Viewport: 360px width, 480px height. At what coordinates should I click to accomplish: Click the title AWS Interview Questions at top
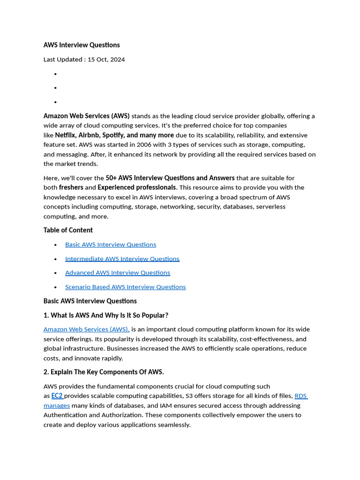[x=82, y=45]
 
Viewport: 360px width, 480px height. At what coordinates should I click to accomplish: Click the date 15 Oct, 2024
[x=106, y=60]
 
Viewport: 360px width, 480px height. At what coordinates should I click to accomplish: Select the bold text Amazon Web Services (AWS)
[x=86, y=116]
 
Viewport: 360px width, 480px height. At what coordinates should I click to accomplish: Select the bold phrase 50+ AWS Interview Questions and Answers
[x=170, y=178]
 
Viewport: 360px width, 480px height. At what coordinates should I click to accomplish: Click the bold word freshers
[x=71, y=187]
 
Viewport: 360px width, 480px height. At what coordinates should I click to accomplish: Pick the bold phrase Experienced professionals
[x=136, y=187]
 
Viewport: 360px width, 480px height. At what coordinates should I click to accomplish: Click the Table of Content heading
[x=68, y=230]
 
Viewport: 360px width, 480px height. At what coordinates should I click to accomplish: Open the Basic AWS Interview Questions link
[x=111, y=245]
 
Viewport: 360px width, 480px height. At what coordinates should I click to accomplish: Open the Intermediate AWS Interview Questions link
[x=122, y=259]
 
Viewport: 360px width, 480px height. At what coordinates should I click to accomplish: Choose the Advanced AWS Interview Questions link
[x=118, y=273]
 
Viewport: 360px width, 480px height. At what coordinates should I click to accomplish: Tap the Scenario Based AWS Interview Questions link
[x=125, y=287]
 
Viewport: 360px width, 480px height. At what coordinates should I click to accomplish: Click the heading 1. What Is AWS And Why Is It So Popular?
[x=106, y=315]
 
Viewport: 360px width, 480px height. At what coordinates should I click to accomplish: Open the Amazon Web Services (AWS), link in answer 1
[x=86, y=330]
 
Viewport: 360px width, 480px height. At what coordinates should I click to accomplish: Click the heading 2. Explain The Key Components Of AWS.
[x=104, y=372]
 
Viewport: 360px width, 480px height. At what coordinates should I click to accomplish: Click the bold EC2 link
[x=57, y=396]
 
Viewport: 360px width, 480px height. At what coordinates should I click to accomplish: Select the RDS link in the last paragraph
[x=300, y=396]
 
